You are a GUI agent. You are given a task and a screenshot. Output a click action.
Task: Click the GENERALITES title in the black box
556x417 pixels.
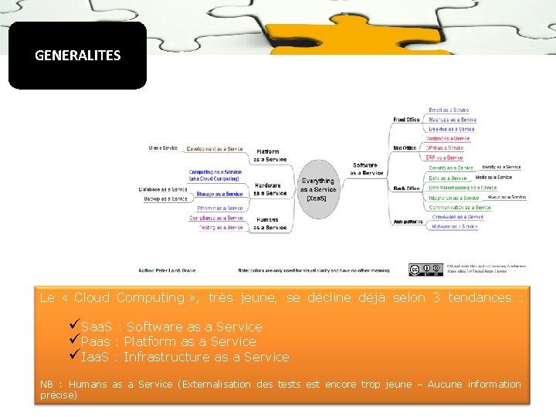click(77, 56)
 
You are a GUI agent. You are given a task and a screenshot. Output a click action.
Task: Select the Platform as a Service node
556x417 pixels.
click(270, 155)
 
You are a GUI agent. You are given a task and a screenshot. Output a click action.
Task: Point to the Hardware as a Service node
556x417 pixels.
click(270, 189)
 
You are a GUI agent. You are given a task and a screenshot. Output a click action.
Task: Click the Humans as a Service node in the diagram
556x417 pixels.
click(270, 223)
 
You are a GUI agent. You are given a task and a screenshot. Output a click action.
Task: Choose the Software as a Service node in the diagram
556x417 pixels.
click(366, 168)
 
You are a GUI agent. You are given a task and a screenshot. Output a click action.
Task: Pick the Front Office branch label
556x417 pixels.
click(406, 120)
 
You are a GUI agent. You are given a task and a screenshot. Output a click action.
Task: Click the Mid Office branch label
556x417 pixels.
click(405, 147)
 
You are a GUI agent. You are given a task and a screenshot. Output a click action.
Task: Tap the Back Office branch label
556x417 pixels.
click(406, 188)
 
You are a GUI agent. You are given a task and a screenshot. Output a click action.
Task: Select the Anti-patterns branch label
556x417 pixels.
click(407, 222)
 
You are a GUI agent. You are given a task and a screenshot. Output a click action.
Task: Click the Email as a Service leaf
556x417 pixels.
click(449, 110)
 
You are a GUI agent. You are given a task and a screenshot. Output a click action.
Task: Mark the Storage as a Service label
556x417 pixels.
click(219, 194)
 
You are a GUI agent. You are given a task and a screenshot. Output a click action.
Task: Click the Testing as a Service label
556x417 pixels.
click(221, 228)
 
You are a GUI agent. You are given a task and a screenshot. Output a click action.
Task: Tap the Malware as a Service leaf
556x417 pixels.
click(454, 227)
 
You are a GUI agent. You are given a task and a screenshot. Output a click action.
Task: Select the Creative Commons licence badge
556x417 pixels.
click(425, 270)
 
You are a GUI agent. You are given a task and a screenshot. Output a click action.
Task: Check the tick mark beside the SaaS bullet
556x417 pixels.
click(74, 326)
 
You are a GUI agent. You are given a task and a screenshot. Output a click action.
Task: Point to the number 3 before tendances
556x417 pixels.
click(436, 297)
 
